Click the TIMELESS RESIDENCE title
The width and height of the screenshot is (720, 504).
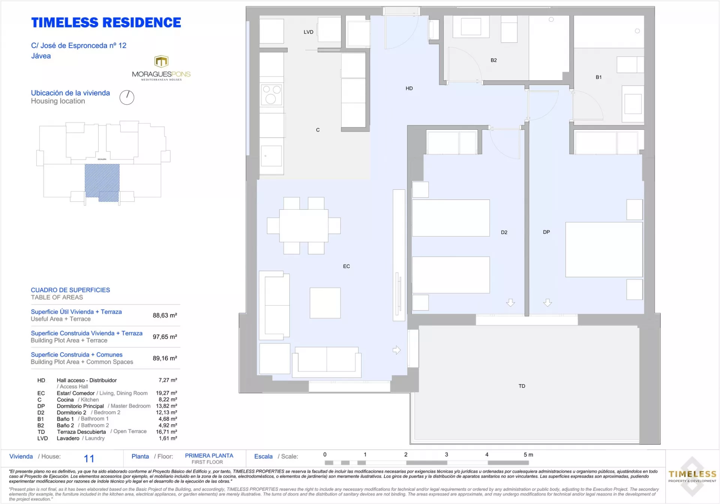coord(106,22)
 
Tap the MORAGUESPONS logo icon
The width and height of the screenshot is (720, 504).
coord(161,61)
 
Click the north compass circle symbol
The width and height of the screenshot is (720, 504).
coord(127,97)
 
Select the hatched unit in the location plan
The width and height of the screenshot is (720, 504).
coord(102,183)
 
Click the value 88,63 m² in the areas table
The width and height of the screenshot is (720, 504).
coord(165,315)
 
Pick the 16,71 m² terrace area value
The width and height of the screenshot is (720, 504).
coord(166,432)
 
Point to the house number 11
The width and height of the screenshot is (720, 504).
coord(89,459)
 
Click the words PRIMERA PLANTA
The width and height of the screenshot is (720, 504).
coord(209,456)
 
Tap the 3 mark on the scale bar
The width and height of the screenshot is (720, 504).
coord(446,454)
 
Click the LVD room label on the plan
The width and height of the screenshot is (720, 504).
coord(308,32)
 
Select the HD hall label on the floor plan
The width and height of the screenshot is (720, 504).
coord(409,88)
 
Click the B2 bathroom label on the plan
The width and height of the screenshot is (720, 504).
coord(493,60)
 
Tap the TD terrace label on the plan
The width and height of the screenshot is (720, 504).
coord(522,386)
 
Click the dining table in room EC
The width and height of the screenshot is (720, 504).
coord(304,226)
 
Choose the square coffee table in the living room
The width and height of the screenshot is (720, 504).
coord(325,303)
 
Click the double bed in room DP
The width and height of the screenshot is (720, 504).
coord(604,250)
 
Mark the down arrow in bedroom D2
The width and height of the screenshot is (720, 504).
coord(510,303)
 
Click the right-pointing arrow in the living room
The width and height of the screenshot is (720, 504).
coord(397,350)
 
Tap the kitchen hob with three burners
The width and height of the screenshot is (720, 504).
coord(271,94)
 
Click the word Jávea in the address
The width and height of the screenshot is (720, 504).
coord(41,56)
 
